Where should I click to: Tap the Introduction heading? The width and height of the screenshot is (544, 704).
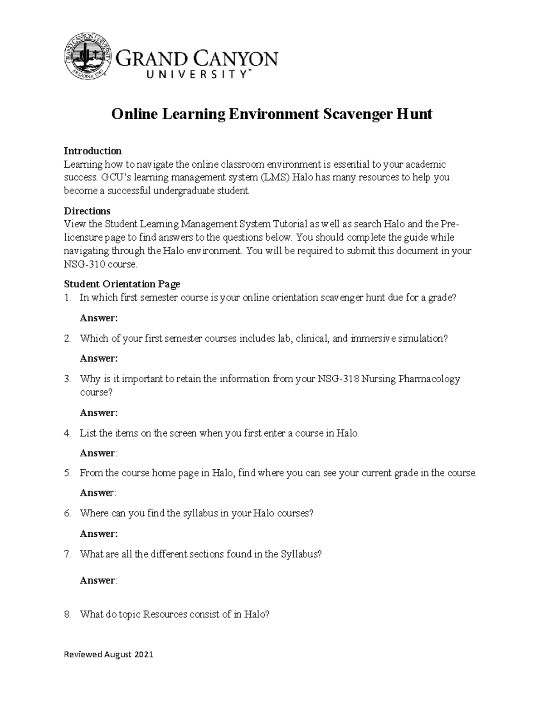92,151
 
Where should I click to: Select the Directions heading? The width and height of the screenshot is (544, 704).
87,211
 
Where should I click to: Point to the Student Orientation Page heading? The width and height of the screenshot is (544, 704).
122,284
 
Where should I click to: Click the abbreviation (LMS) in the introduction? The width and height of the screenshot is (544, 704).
273,177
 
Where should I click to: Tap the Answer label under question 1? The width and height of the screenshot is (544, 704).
98,318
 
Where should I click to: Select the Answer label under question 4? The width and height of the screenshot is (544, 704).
98,453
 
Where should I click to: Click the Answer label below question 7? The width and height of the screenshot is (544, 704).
98,580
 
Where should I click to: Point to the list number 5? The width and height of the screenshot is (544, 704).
68,473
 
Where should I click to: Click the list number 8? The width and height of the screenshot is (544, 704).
68,615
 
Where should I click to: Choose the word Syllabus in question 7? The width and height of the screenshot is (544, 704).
300,554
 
